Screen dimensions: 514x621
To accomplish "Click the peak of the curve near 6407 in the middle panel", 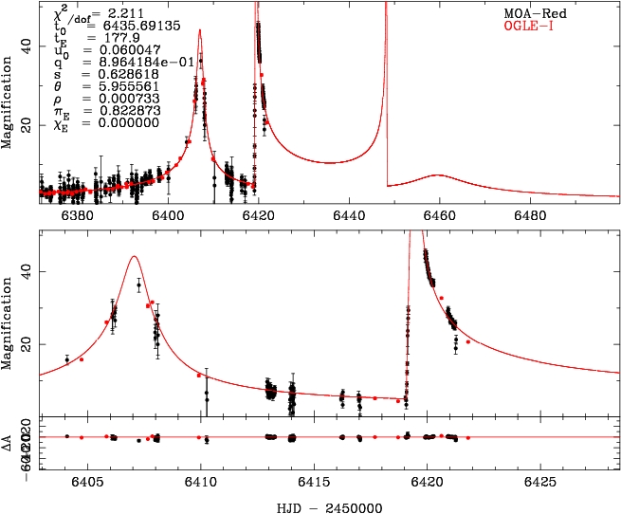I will tap(134, 256).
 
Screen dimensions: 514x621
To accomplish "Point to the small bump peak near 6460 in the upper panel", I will tap(436, 175).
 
